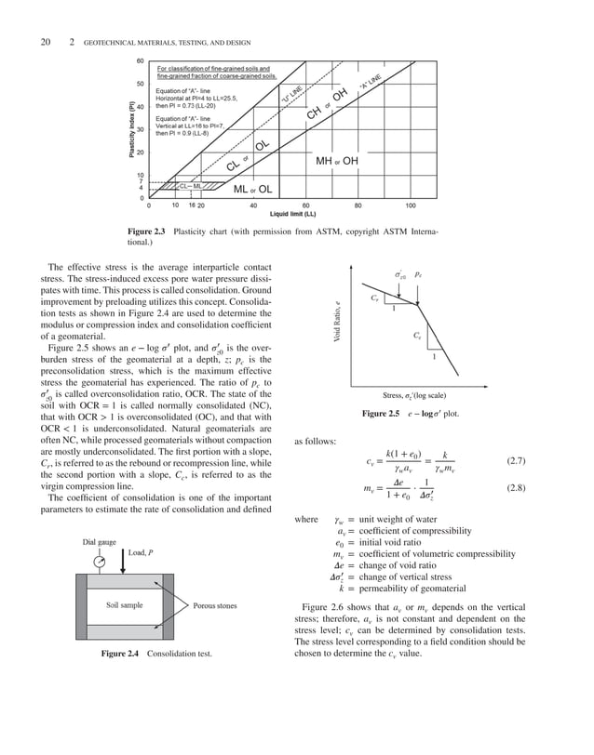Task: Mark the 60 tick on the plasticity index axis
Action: click(x=140, y=61)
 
